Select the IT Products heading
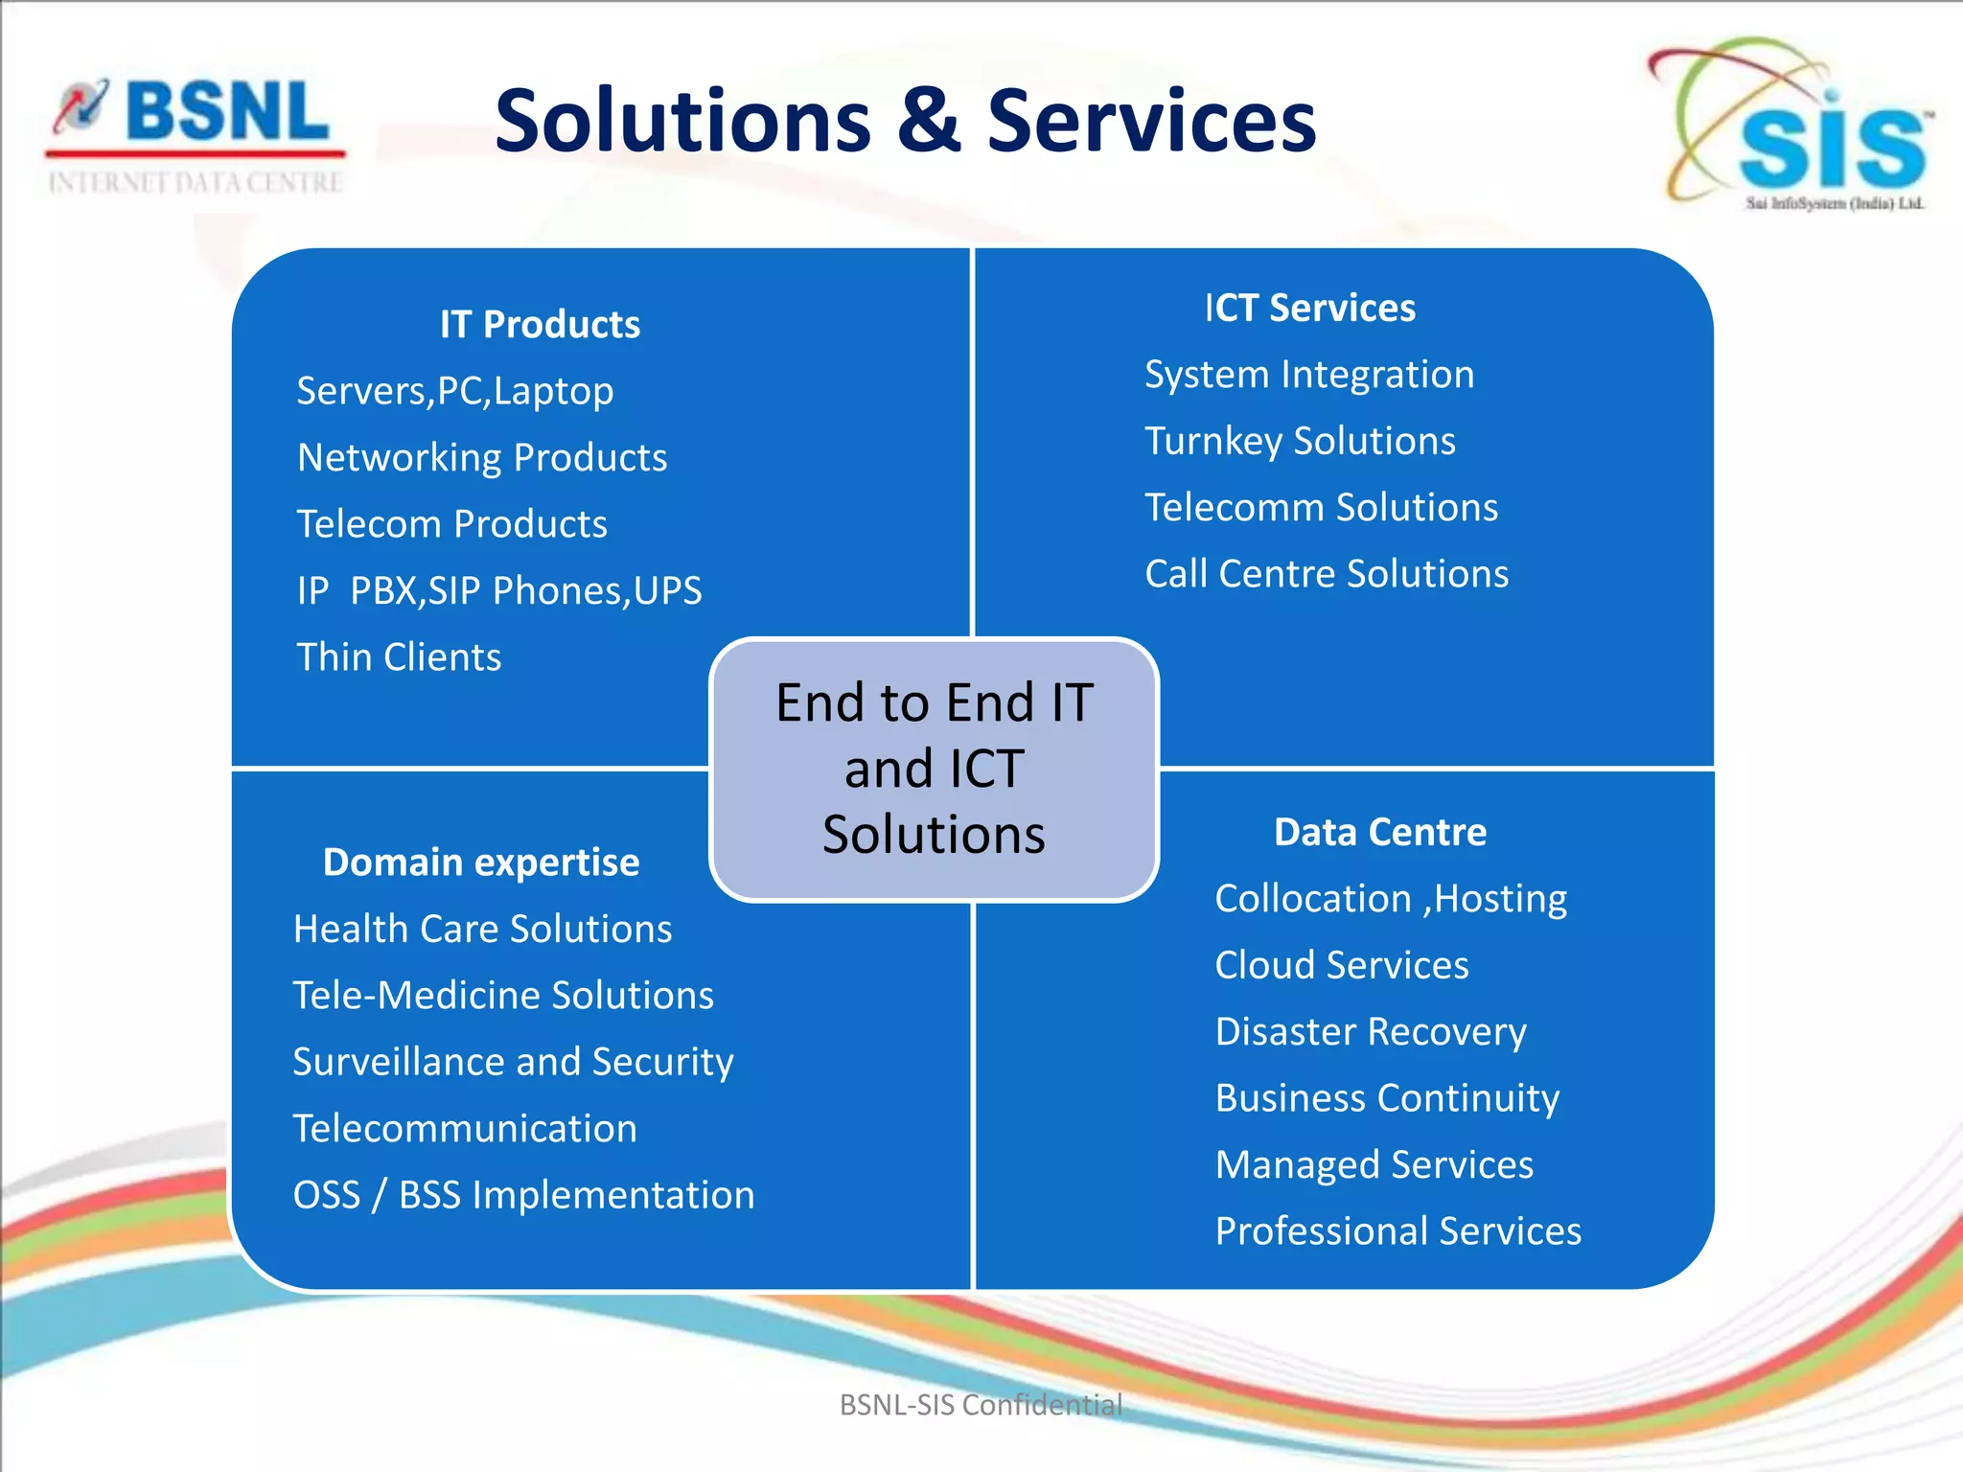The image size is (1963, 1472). click(540, 325)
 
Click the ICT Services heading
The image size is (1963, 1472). click(1309, 309)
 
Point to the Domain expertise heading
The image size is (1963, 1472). click(481, 862)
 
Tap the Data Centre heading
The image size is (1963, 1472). click(1380, 832)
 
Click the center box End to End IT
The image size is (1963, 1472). click(935, 769)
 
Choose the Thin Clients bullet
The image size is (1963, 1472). click(399, 657)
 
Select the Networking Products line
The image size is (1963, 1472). click(482, 458)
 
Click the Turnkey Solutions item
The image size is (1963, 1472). click(1300, 442)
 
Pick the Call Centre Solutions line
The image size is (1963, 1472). click(1327, 574)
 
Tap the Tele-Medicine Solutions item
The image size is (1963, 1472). click(503, 996)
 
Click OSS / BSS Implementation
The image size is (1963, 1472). click(523, 1195)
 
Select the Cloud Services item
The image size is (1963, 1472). click(1342, 965)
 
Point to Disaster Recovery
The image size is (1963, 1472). click(1371, 1032)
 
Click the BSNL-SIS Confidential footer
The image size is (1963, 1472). click(981, 1405)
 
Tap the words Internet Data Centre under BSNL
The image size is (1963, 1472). click(196, 183)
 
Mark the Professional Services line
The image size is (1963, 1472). click(1397, 1231)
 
